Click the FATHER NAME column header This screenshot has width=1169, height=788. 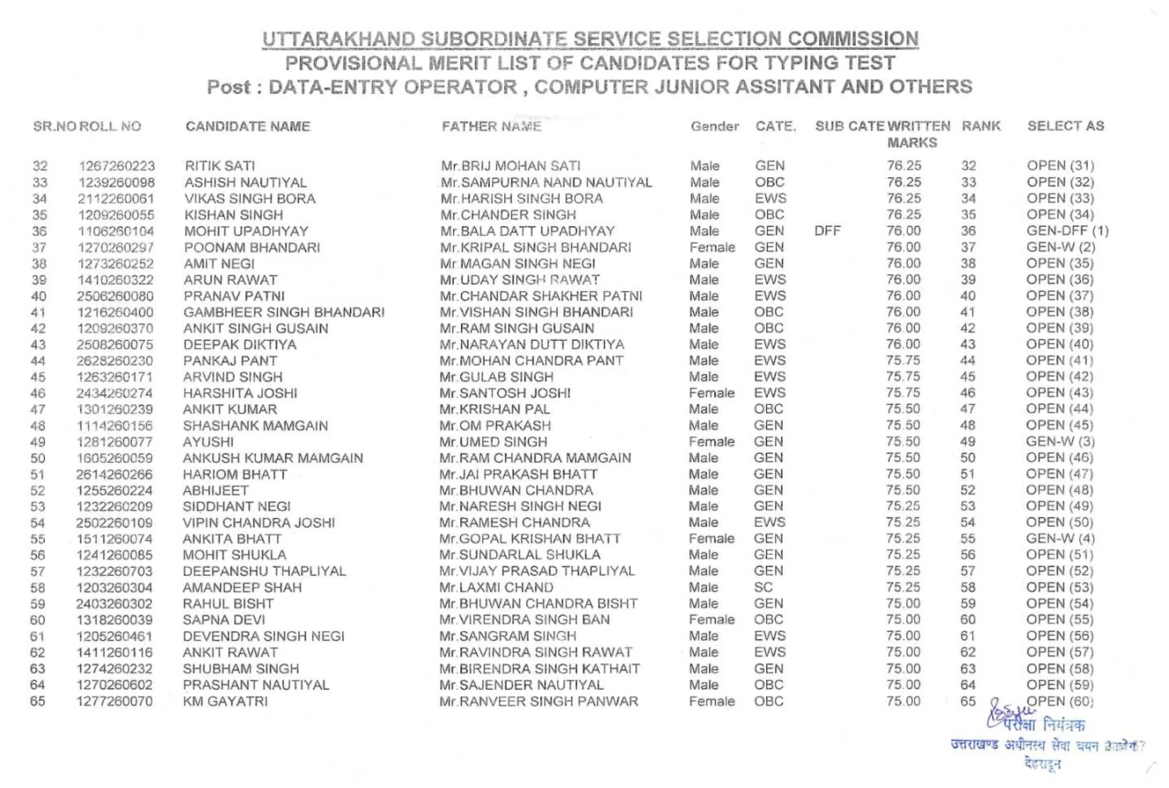pyautogui.click(x=491, y=126)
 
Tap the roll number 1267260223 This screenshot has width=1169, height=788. pyautogui.click(x=116, y=166)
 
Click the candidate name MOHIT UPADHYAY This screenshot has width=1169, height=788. pyautogui.click(x=246, y=231)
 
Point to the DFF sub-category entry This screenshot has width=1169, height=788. pyautogui.click(x=827, y=231)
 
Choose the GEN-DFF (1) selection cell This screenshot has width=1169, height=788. pyautogui.click(x=1067, y=231)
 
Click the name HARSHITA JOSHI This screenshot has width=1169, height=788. pyautogui.click(x=240, y=393)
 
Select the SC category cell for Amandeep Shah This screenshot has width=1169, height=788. pyautogui.click(x=763, y=587)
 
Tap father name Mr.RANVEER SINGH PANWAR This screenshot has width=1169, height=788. pyautogui.click(x=538, y=701)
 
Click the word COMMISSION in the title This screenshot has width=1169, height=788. pyautogui.click(x=853, y=39)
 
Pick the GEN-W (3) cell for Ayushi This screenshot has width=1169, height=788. pyautogui.click(x=1060, y=441)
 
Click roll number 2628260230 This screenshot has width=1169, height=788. pyautogui.click(x=115, y=361)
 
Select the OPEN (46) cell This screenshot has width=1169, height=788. pyautogui.click(x=1059, y=458)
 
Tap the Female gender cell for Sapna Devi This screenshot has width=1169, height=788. pyautogui.click(x=711, y=620)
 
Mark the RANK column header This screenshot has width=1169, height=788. pyautogui.click(x=980, y=126)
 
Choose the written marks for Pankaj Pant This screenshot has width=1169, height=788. pyautogui.click(x=903, y=360)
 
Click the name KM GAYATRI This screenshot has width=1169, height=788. pyautogui.click(x=225, y=701)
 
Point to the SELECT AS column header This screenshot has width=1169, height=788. pyautogui.click(x=1065, y=126)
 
